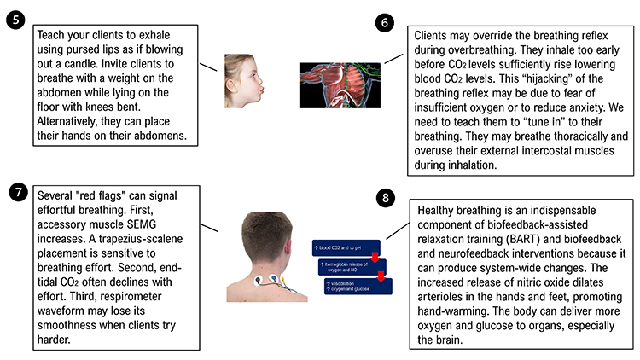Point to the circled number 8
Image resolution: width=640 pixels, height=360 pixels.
[x=387, y=200]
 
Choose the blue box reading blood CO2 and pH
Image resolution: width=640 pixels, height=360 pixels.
[x=346, y=248]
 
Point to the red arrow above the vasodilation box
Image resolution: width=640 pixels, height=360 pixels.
[x=381, y=276]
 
